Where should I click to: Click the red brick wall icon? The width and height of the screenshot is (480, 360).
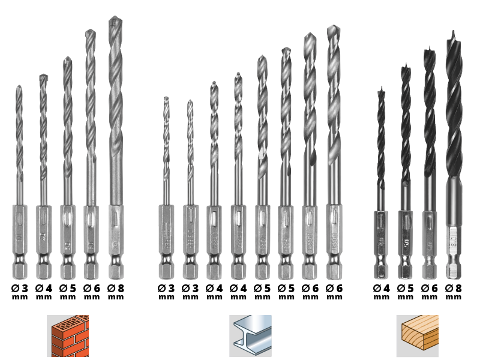pos(68,335)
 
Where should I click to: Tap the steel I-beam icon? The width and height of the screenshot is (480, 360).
pos(250,335)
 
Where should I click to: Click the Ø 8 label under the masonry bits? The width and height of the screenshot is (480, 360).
pos(116,289)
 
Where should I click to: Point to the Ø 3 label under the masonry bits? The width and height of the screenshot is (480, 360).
pos(20,289)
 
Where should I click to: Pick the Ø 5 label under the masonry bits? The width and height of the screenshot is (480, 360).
pos(68,289)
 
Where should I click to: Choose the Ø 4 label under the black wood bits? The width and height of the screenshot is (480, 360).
pos(382,289)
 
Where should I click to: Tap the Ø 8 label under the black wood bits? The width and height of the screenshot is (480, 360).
pos(454,289)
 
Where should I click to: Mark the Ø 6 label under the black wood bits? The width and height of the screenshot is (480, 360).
pos(430,289)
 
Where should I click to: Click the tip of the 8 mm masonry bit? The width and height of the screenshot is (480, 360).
pos(115,19)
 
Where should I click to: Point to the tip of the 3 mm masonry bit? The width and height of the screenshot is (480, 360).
pos(19,87)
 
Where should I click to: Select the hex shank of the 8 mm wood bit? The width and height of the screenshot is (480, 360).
pos(454,246)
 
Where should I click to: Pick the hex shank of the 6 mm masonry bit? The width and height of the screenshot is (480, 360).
pos(91,240)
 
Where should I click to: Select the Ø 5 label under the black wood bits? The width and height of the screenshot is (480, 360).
pos(406,289)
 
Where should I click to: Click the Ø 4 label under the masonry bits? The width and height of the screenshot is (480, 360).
pos(44,289)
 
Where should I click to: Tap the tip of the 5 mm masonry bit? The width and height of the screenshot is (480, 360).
pos(67,59)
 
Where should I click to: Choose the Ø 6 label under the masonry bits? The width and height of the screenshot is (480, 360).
pos(92,289)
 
